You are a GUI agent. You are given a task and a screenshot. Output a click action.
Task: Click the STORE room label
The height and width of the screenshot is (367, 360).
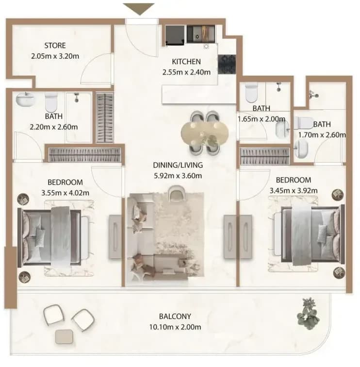tap(55, 46)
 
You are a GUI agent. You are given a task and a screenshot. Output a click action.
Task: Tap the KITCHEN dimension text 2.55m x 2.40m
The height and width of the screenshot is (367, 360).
tap(186, 72)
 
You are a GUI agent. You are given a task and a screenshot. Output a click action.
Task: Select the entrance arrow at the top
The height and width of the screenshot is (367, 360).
tap(139, 9)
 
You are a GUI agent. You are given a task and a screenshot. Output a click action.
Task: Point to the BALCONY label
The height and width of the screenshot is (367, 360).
tap(175, 317)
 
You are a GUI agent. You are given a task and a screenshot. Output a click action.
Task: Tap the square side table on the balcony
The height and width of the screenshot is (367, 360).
tap(64, 336)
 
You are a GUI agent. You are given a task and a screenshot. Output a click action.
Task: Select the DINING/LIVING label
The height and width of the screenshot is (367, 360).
tap(178, 165)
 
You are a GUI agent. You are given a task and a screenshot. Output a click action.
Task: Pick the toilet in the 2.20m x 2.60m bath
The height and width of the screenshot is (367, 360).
tap(51, 102)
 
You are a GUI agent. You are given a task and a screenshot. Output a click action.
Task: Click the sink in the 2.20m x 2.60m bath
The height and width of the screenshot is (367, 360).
tap(26, 100)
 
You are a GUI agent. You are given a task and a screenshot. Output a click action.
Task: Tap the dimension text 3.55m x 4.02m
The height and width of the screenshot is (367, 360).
tap(65, 193)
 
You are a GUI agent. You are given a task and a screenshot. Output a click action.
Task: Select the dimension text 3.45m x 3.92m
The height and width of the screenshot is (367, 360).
tap(294, 191)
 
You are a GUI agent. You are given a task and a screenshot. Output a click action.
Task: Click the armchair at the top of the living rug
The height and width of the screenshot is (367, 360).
tap(177, 193)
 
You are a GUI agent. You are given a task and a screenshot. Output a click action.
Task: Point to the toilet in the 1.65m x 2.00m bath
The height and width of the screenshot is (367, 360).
tap(252, 93)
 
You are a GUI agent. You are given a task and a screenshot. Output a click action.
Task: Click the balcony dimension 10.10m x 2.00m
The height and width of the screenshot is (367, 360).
tap(175, 327)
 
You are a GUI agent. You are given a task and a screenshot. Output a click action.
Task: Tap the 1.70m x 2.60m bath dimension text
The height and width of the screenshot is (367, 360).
tap(322, 135)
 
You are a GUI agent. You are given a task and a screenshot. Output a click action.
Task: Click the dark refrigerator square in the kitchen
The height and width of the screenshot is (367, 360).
tap(175, 35)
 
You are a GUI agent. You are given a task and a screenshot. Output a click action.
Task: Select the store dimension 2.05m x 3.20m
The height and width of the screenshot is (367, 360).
tap(55, 56)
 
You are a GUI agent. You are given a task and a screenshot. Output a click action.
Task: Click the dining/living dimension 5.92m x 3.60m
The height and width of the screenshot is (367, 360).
tap(178, 176)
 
